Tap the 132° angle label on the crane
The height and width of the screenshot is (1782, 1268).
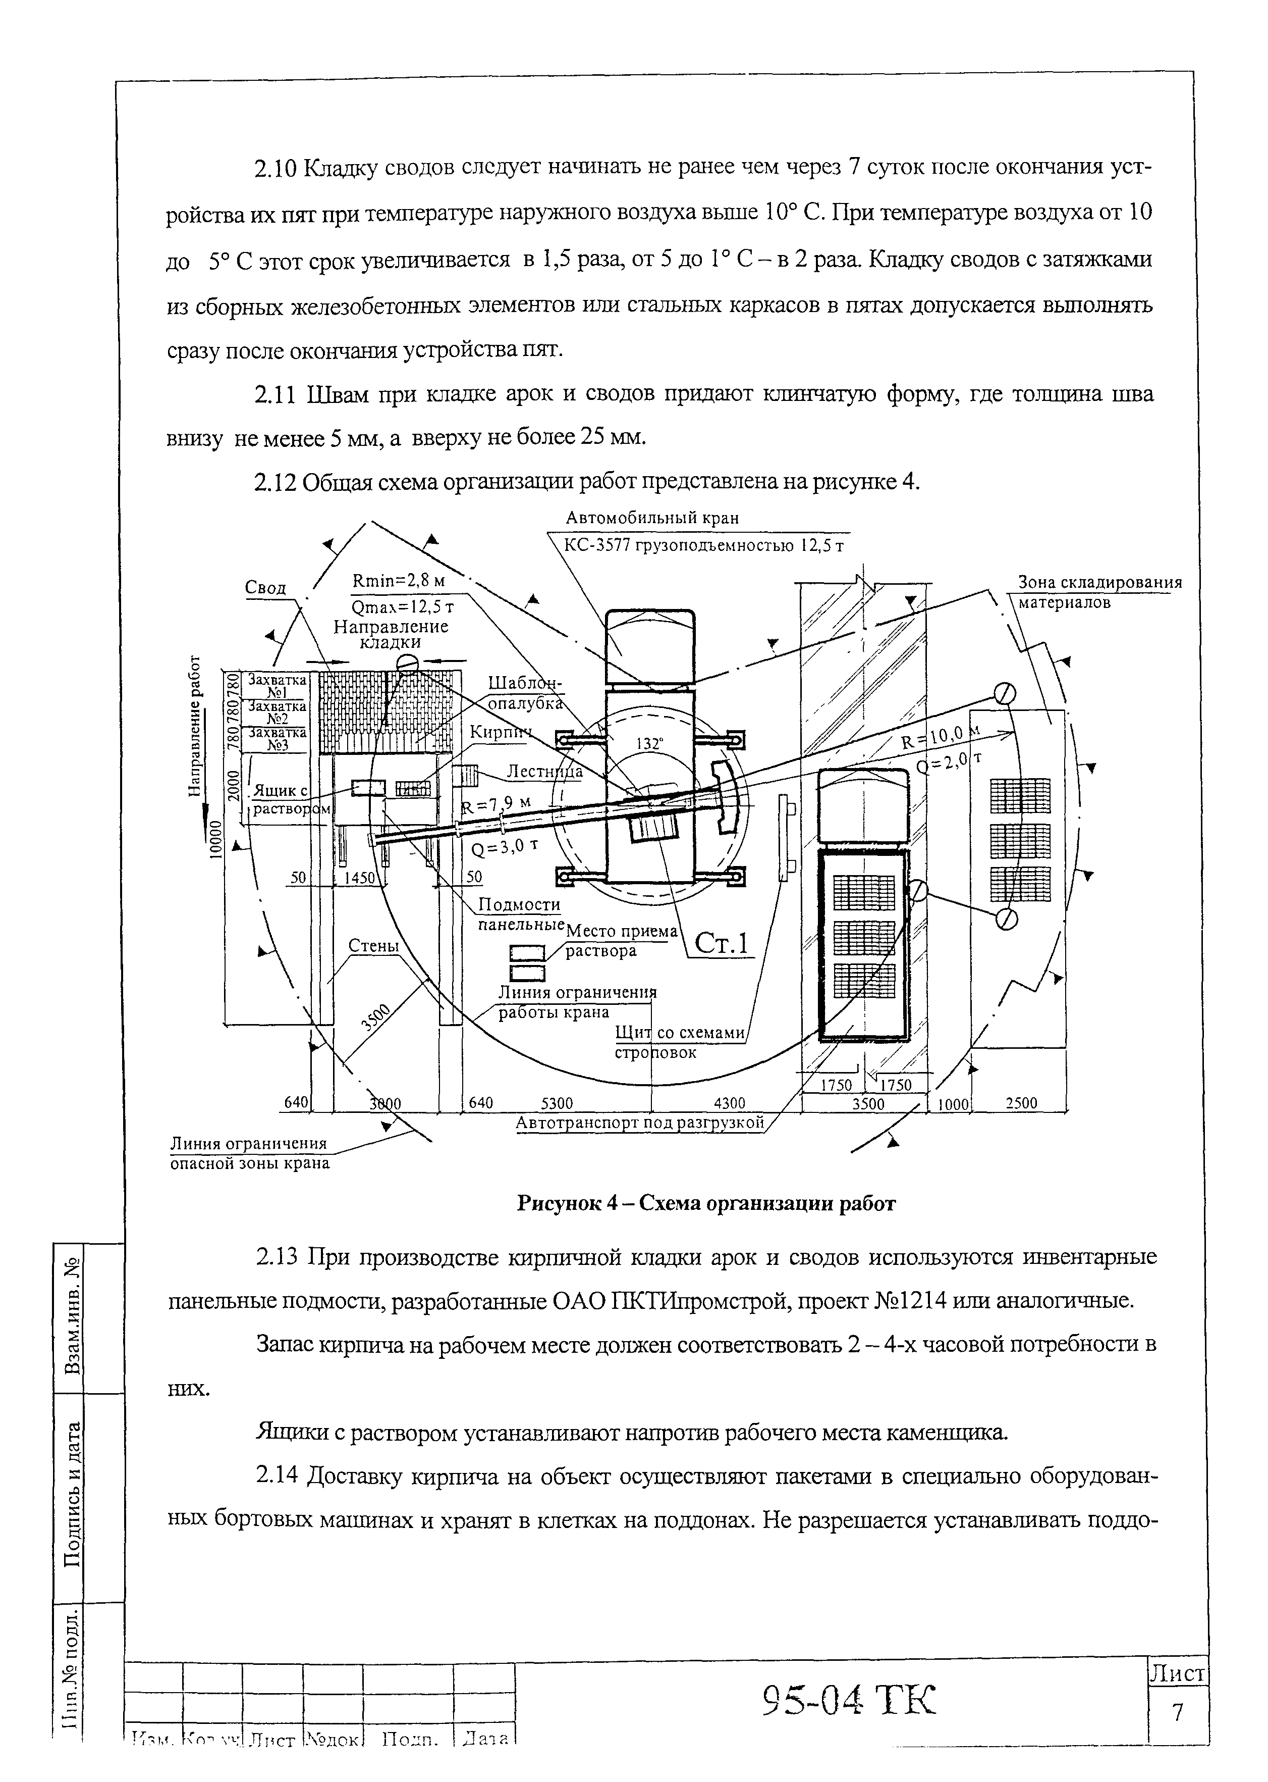649,744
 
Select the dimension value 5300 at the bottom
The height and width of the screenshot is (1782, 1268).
557,1103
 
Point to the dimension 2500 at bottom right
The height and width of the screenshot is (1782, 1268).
1021,1103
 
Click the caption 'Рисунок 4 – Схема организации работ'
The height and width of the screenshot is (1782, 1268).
706,1203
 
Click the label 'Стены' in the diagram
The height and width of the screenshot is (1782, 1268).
373,946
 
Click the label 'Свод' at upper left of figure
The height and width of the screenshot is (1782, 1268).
265,587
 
